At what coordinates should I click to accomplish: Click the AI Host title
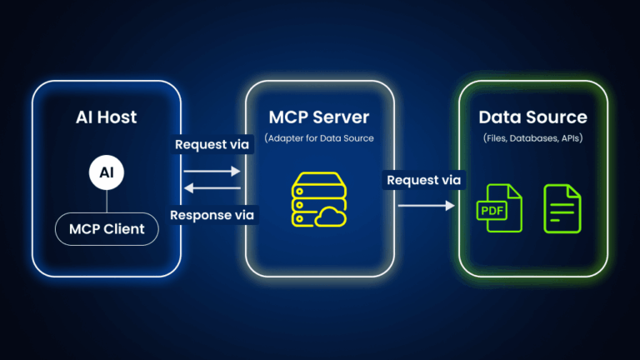pos(106,117)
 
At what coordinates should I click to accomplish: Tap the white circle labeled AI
pos(107,173)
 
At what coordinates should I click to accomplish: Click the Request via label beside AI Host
pos(212,144)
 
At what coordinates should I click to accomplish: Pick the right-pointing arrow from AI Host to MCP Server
pos(212,170)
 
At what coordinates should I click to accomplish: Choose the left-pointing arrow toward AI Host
pos(212,188)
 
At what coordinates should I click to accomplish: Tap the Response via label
pos(212,215)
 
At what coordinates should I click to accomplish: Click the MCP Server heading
pos(319,117)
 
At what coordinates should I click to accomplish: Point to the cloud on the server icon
pos(331,217)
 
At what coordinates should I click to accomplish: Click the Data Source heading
pos(532,117)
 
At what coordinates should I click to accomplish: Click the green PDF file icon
pos(498,208)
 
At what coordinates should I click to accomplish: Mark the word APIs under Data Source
pos(572,137)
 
